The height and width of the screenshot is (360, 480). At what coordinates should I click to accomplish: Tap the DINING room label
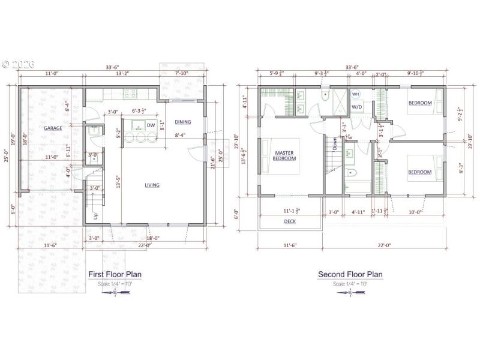(x=183, y=122)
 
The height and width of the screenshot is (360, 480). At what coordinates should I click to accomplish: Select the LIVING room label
(x=152, y=185)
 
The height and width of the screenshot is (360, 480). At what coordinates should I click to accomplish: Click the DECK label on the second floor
(x=289, y=221)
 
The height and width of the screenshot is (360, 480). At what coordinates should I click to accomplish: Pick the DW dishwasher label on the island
(x=151, y=125)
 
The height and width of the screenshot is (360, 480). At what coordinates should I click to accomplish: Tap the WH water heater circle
(x=355, y=95)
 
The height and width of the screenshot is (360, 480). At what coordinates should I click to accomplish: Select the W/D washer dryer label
(x=356, y=107)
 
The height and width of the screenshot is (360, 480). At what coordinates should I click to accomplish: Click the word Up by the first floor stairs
(x=95, y=215)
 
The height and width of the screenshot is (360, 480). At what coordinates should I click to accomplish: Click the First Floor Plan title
(x=115, y=274)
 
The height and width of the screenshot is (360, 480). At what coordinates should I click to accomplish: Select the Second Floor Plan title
(x=350, y=274)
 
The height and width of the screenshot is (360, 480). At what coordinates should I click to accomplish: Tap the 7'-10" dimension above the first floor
(x=182, y=74)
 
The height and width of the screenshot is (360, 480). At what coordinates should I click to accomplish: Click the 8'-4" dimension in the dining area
(x=181, y=136)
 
